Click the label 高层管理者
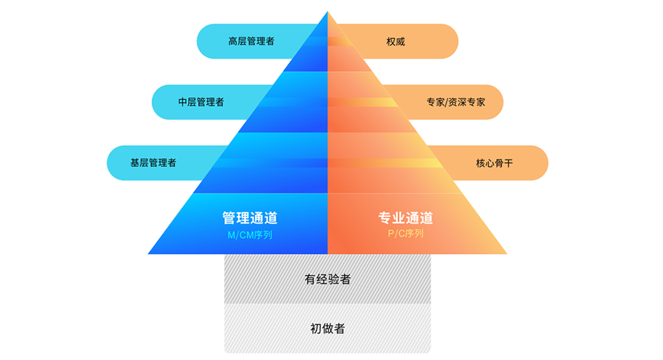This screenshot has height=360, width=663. pos(251,41)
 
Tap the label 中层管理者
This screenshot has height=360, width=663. pos(201,102)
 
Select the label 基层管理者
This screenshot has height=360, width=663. pos(153,163)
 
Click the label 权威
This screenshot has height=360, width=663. pos(396,41)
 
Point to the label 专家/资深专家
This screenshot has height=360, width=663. pos(455,102)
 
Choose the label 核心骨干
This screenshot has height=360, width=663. pos(494,163)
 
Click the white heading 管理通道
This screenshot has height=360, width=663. pos(250,218)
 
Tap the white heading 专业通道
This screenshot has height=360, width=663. pos(405,218)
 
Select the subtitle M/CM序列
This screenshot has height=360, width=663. pos(250,234)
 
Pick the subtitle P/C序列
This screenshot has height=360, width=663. pos(405,234)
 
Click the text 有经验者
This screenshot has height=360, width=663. pos(327,280)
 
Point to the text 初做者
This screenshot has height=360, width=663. pos(327,328)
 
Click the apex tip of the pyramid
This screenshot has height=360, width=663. pos(327,12)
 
